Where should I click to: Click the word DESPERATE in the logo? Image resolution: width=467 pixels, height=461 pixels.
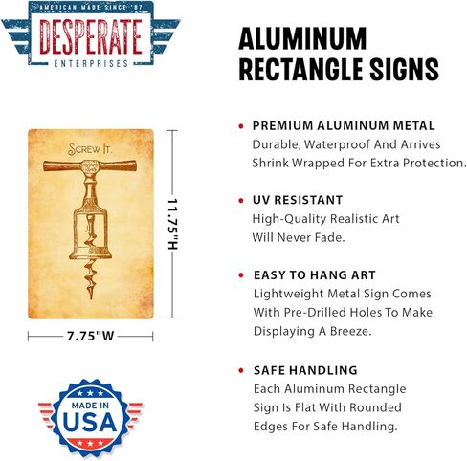click(x=91, y=36)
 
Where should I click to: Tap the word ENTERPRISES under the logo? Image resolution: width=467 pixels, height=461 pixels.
click(x=91, y=63)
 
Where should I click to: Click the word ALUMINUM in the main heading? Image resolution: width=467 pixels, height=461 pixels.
click(x=302, y=38)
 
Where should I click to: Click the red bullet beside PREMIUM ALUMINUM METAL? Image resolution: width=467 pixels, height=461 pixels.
click(x=241, y=126)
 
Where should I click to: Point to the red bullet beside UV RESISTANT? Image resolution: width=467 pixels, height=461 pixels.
click(x=241, y=201)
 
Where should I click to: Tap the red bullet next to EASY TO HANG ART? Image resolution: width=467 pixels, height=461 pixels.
click(x=241, y=275)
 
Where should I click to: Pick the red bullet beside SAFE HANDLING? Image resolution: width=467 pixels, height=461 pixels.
click(x=241, y=370)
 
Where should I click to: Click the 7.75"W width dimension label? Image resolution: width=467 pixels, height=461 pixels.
click(x=90, y=336)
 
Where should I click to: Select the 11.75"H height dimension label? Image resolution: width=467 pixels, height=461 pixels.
click(x=172, y=224)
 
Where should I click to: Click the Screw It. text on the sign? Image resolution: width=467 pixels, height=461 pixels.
click(x=90, y=149)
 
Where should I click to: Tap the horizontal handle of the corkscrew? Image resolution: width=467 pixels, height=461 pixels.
click(x=90, y=165)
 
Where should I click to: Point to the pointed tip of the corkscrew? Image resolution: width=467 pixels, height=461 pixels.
click(x=92, y=298)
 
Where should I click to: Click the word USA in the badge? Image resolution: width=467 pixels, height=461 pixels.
click(x=90, y=422)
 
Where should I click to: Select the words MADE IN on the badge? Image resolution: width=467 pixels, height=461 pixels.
click(x=90, y=406)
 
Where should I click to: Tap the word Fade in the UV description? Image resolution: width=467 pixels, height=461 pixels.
click(x=329, y=237)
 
